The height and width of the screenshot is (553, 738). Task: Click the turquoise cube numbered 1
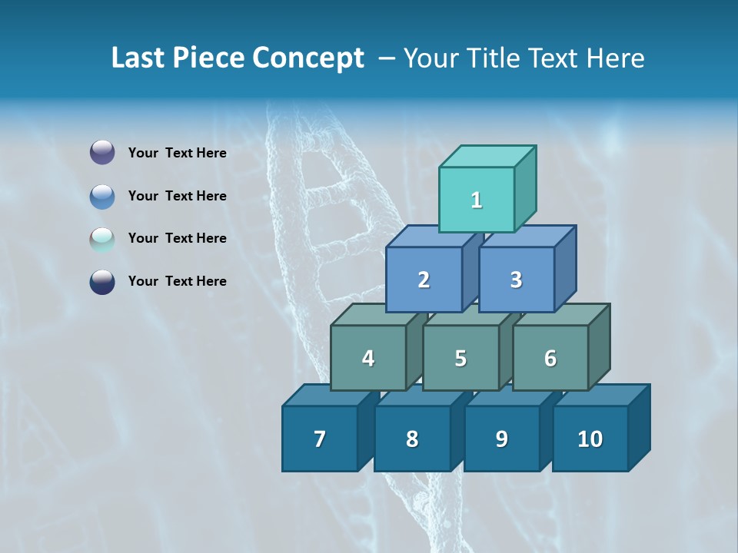tap(477, 200)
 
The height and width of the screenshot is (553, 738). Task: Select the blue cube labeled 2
tap(424, 280)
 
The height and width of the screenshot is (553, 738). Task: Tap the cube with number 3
tap(516, 280)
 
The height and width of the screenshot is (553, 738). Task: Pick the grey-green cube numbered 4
tap(368, 358)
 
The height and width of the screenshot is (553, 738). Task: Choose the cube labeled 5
tap(460, 358)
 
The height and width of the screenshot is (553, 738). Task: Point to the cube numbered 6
tap(550, 358)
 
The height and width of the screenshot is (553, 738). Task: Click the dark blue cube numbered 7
tap(320, 439)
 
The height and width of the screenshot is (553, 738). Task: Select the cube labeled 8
tap(412, 439)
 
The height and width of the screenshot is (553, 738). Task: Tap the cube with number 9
tap(501, 439)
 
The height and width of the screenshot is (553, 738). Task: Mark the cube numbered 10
tap(590, 439)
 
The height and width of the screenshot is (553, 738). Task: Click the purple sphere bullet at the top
tap(102, 153)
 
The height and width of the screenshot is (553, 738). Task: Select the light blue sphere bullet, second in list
tap(102, 196)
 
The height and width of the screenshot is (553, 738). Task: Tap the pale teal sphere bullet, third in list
tap(102, 239)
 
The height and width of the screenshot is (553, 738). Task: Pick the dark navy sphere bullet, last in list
tap(102, 282)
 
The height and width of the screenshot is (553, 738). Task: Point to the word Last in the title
tap(139, 58)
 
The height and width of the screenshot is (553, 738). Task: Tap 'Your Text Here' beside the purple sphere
tap(178, 153)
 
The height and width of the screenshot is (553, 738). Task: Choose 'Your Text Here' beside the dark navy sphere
tap(178, 281)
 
